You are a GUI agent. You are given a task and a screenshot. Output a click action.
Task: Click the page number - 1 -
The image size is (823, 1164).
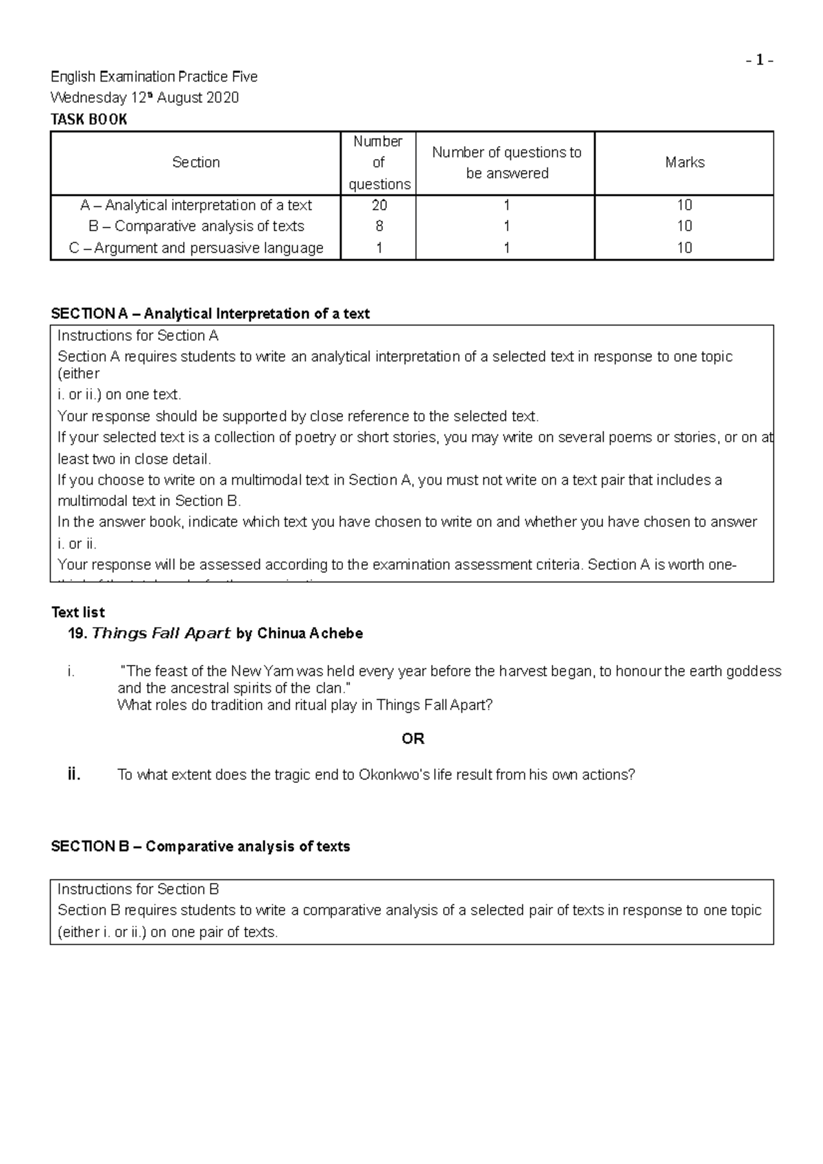760,61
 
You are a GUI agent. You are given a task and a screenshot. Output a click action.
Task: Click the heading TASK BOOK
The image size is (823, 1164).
89,119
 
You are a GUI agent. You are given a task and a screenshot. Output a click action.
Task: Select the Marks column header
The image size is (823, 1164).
684,162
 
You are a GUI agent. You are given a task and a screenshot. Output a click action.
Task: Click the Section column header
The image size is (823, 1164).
196,162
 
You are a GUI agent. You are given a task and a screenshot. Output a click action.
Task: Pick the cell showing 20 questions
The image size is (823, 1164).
379,205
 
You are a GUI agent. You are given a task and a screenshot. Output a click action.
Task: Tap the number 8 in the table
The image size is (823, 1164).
379,226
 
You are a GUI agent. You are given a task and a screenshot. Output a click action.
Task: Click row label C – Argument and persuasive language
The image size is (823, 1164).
196,248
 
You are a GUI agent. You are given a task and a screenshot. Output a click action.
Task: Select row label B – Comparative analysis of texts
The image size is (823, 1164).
196,226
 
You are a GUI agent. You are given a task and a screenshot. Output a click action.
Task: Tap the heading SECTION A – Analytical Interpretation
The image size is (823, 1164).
210,314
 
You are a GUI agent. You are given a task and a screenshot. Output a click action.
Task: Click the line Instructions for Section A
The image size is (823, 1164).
138,336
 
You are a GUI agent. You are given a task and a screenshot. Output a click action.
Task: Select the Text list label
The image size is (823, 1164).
78,612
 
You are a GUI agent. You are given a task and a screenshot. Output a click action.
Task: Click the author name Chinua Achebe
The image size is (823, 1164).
309,633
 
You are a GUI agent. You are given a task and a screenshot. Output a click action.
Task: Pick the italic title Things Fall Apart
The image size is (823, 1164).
161,633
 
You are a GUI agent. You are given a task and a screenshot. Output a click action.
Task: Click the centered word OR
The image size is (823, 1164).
413,739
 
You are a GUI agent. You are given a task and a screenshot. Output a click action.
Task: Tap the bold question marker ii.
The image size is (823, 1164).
74,775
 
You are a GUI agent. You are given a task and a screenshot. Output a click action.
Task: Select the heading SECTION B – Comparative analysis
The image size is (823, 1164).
200,847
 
